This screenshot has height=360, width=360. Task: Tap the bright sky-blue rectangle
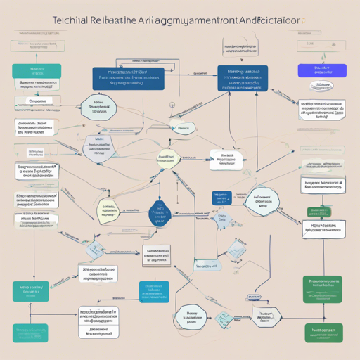(154, 291)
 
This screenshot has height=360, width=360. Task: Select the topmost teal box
(37, 71)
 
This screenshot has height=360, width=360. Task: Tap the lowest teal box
(30, 331)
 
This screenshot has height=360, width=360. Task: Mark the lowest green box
(323, 332)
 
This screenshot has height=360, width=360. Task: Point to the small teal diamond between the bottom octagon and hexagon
(224, 319)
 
